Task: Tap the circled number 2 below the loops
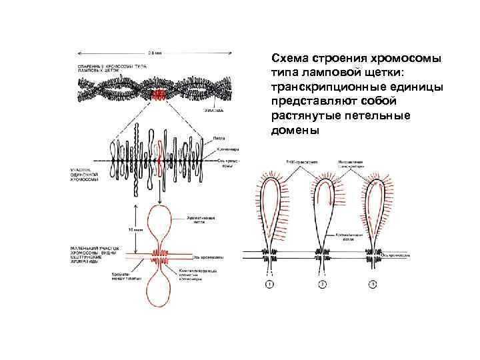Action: pos(321,285)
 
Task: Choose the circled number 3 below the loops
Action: pos(373,285)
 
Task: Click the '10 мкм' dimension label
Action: pos(138,229)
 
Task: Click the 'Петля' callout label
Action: pos(218,137)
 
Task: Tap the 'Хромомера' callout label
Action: pos(223,149)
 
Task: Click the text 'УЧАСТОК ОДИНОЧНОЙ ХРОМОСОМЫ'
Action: pos(85,175)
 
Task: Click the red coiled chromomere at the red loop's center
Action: pos(162,255)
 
